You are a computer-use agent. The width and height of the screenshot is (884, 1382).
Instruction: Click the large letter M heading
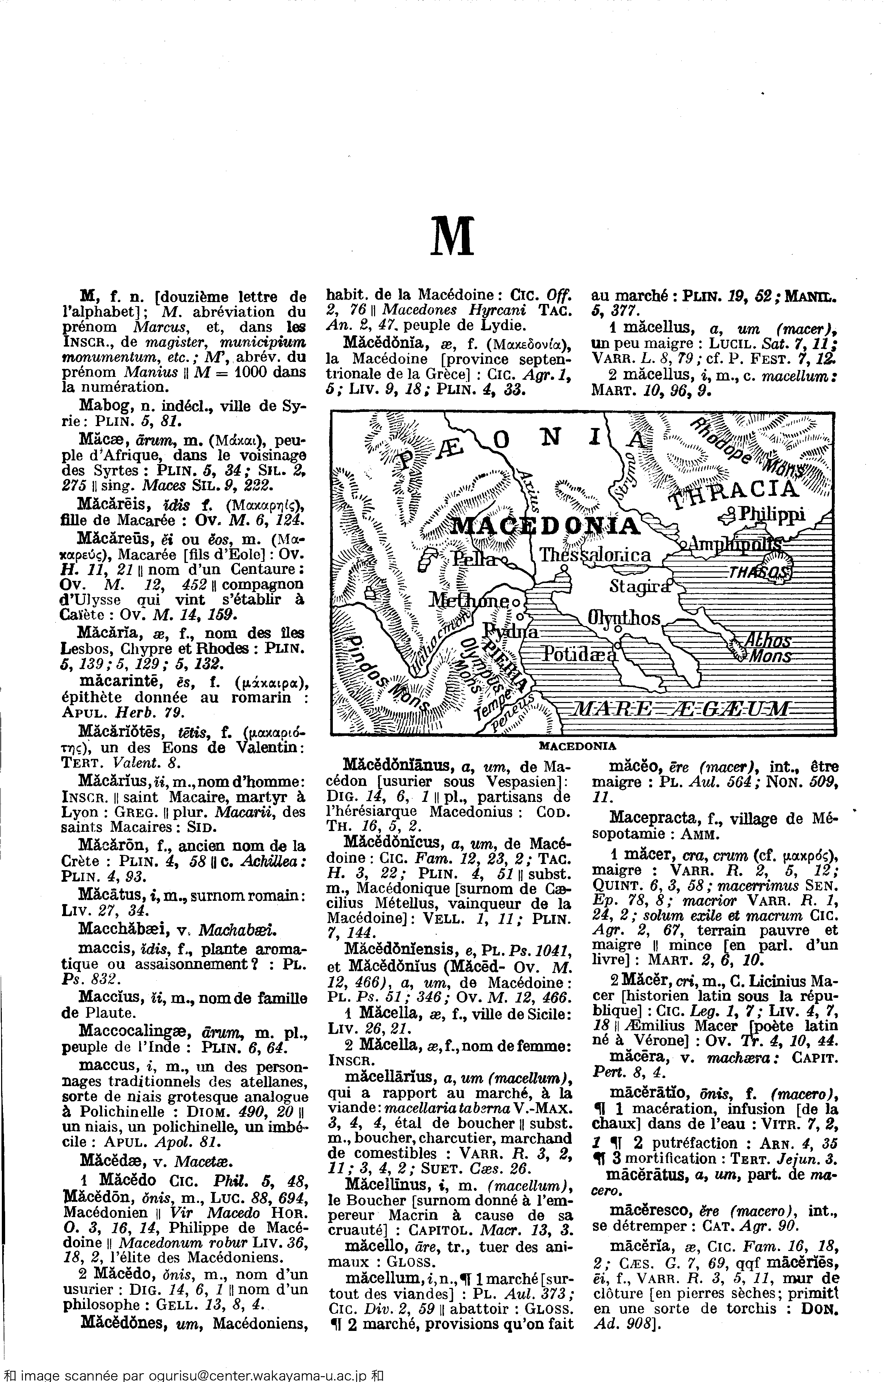click(x=452, y=236)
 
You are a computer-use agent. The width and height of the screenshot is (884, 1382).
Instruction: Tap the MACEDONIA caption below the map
click(x=577, y=746)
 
